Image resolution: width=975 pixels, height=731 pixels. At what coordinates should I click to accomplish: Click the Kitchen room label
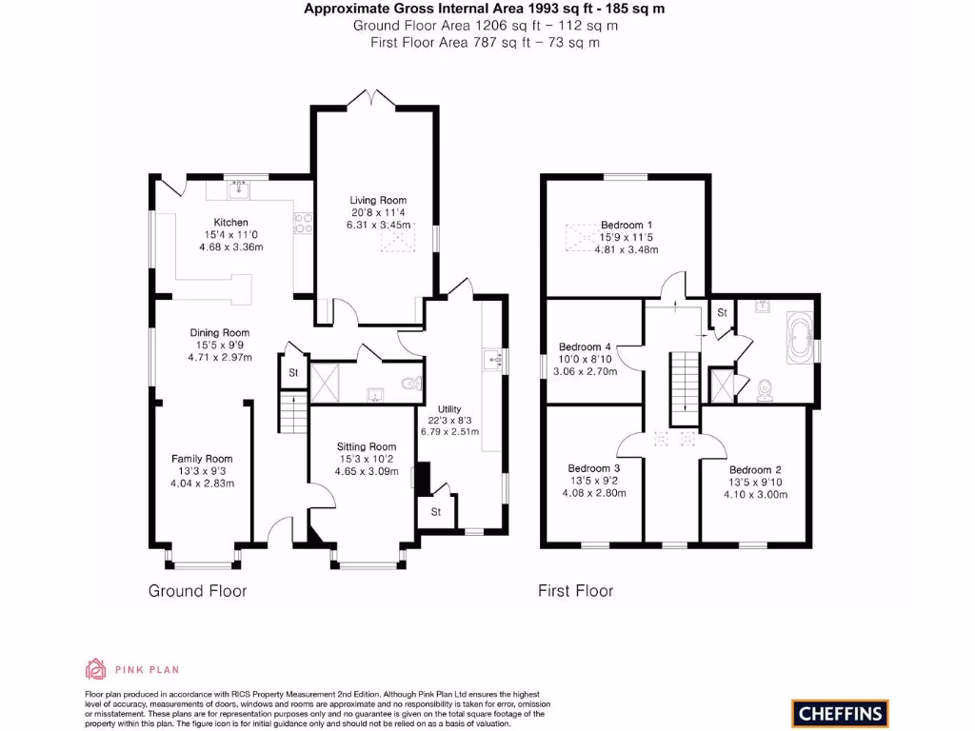click(x=230, y=223)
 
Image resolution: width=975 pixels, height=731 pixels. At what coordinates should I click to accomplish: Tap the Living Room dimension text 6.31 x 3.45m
click(x=379, y=226)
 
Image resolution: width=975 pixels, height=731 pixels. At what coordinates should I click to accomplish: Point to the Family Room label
click(x=202, y=459)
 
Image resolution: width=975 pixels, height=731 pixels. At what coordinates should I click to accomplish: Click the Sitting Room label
click(x=367, y=446)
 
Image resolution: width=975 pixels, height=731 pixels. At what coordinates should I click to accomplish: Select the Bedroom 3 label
click(x=594, y=468)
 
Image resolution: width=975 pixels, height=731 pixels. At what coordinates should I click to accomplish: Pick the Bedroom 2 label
click(x=755, y=470)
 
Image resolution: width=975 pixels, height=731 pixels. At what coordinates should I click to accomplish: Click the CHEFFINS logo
click(x=839, y=712)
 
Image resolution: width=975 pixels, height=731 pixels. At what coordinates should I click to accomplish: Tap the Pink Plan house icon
click(x=96, y=669)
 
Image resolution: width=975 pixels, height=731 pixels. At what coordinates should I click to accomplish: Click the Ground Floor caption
click(x=197, y=591)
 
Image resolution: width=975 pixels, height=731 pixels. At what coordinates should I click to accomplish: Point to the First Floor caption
click(x=575, y=591)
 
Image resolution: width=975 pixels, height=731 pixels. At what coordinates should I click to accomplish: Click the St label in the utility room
click(x=436, y=512)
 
